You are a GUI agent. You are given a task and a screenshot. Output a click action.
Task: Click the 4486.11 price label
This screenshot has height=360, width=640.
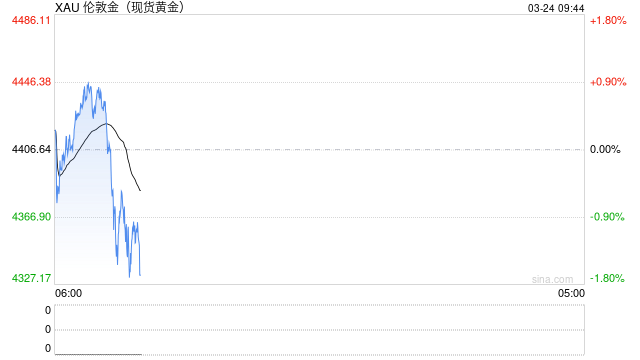[x=31, y=20]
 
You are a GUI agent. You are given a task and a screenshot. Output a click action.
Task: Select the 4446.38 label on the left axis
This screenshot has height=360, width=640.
[x=31, y=82]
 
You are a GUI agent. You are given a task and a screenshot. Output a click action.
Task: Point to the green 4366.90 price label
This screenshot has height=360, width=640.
[x=31, y=217]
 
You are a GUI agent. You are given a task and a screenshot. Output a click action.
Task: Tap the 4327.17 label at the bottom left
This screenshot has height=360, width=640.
[x=31, y=278]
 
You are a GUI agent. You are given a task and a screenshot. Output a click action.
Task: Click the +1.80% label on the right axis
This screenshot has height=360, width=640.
[x=607, y=20]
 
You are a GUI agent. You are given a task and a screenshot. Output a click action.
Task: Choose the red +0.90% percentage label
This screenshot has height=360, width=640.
[x=607, y=82]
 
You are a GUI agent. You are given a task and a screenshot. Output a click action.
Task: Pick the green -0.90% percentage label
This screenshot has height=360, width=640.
[x=607, y=217]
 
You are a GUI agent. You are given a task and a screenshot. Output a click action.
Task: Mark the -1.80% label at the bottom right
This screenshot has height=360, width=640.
[x=607, y=278]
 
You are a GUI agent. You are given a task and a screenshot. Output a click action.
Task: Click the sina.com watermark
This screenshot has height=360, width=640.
[x=552, y=279]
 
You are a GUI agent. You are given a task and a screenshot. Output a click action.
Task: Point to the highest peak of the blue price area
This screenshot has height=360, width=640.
[x=88, y=83]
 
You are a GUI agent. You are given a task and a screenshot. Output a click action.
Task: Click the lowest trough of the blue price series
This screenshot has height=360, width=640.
[x=129, y=276]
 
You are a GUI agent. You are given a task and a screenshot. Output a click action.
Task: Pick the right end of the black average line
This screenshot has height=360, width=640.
[x=106, y=124]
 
